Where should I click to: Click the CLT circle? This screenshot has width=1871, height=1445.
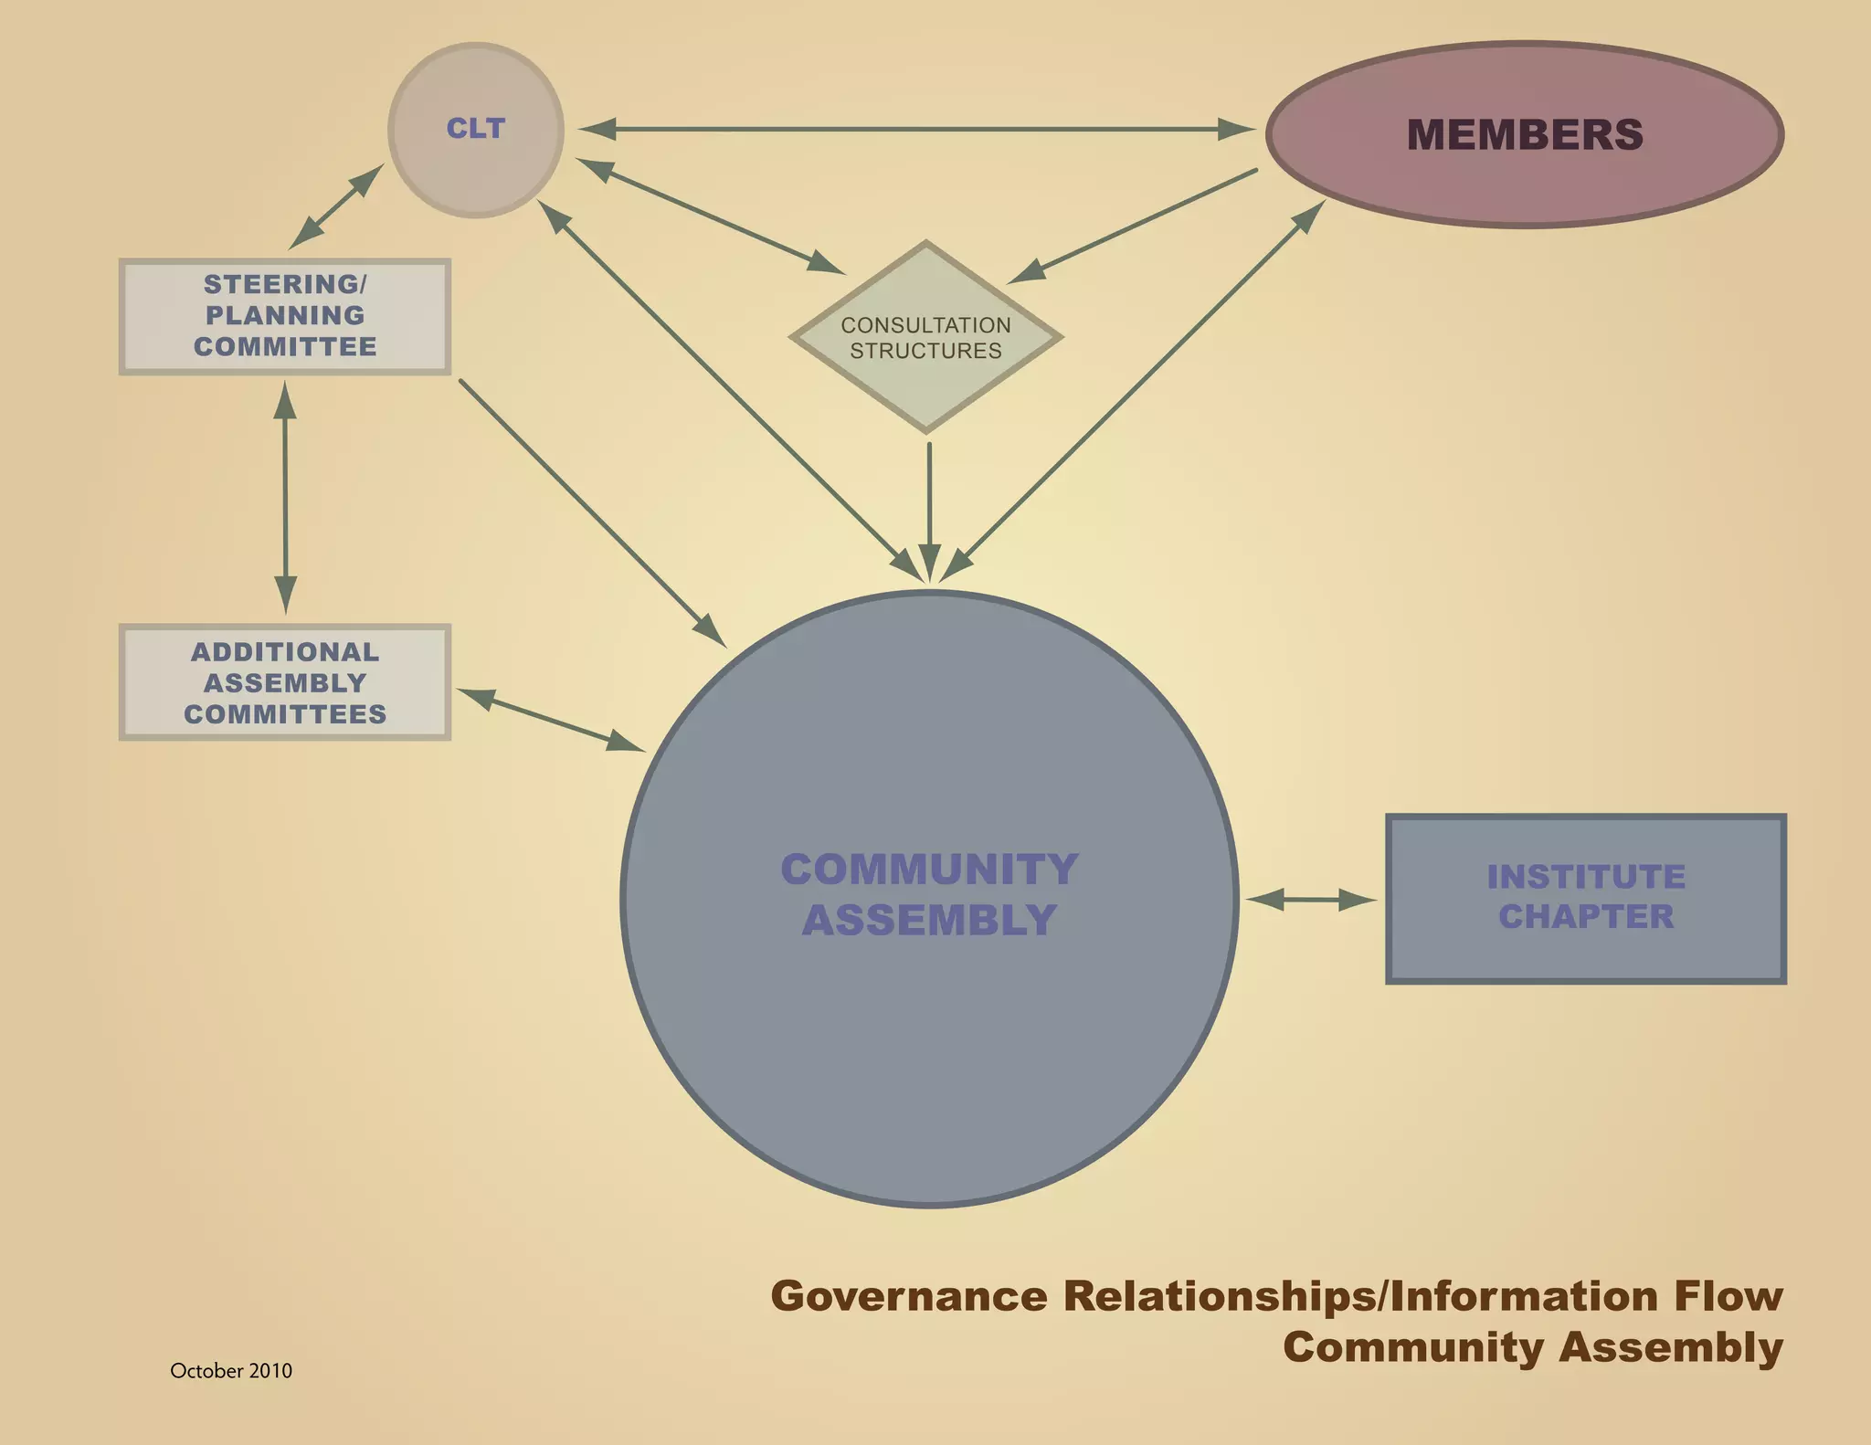tap(475, 130)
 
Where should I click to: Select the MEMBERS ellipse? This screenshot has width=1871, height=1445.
tap(1524, 134)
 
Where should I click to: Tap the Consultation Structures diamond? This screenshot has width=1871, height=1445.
tap(925, 337)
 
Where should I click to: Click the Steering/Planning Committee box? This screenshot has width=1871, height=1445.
tap(284, 316)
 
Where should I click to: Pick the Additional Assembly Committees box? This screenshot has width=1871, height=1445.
tap(284, 682)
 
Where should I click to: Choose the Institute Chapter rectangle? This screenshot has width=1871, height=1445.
tap(1585, 898)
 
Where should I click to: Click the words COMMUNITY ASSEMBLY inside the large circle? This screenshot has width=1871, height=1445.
tap(929, 894)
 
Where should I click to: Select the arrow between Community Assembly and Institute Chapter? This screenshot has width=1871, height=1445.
tap(1310, 900)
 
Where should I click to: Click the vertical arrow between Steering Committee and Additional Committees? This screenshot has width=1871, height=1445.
tap(285, 498)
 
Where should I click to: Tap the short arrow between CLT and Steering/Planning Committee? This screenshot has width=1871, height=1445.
tap(335, 207)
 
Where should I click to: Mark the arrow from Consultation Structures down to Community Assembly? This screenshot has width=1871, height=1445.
tap(929, 507)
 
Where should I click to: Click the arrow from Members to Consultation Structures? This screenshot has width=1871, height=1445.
tap(1134, 226)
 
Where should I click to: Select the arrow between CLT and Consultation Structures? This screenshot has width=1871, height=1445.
tap(710, 216)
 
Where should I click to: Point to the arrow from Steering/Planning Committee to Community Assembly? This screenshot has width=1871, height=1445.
tap(592, 512)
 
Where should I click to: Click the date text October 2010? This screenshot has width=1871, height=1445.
tap(231, 1370)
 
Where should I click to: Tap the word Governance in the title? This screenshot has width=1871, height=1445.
tap(909, 1296)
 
